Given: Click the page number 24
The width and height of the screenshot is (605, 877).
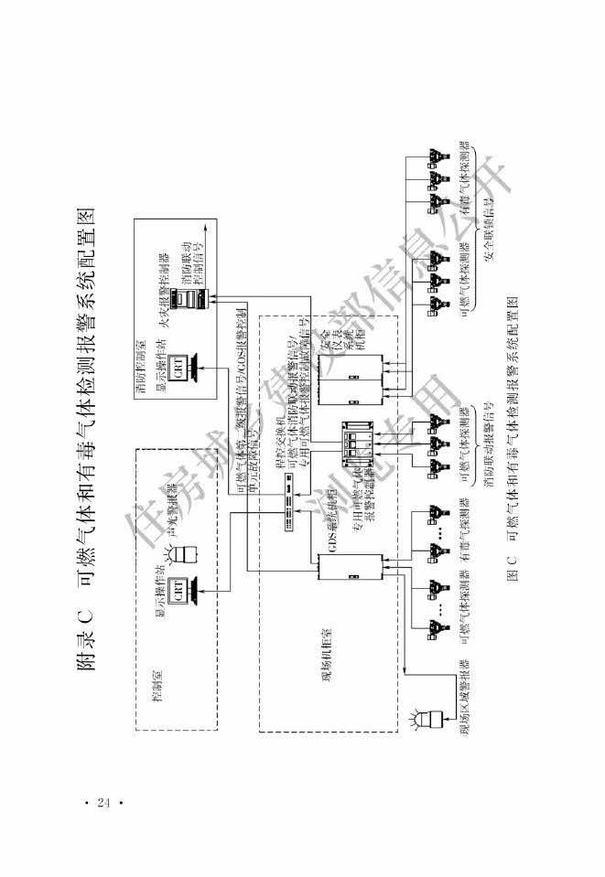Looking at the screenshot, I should coord(103,802).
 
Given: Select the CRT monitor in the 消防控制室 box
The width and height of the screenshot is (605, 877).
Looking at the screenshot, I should coord(184,360).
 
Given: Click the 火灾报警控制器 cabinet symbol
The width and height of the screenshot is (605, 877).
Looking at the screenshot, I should coord(190,294).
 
